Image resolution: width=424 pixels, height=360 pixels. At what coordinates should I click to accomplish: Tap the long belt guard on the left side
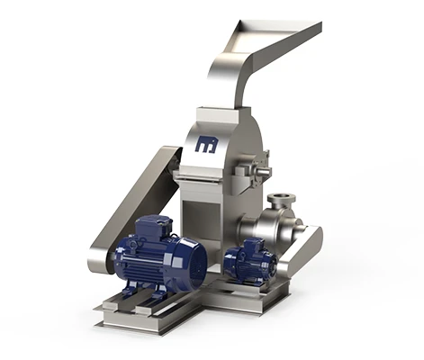pyautogui.click(x=131, y=207)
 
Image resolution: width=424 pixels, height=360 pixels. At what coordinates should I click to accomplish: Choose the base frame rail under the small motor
pyautogui.click(x=261, y=292)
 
